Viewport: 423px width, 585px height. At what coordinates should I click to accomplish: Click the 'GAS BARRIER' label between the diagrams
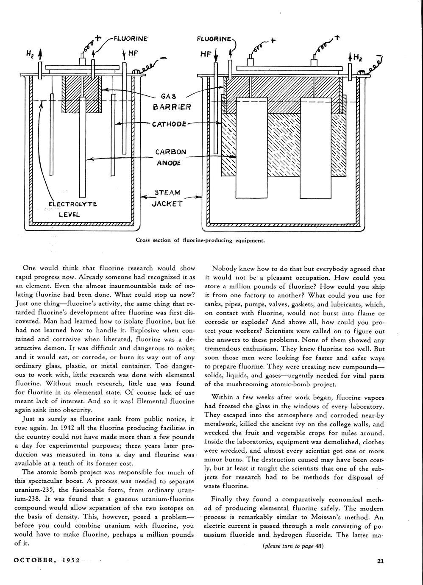[x=172, y=102]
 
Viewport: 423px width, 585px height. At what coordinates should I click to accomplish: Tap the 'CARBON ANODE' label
[x=170, y=157]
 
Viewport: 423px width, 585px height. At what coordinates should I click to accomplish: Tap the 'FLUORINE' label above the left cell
[x=130, y=39]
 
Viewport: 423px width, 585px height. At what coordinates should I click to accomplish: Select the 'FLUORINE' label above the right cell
[x=214, y=39]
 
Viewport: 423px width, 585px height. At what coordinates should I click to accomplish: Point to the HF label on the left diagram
[x=134, y=54]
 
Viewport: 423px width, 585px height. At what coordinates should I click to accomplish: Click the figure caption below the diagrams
[x=200, y=240]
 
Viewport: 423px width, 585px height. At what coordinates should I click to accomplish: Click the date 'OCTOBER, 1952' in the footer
[x=47, y=560]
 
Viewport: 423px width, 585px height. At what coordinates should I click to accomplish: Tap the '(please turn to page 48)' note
[x=293, y=546]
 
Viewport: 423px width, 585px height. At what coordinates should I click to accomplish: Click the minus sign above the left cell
[x=164, y=58]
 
